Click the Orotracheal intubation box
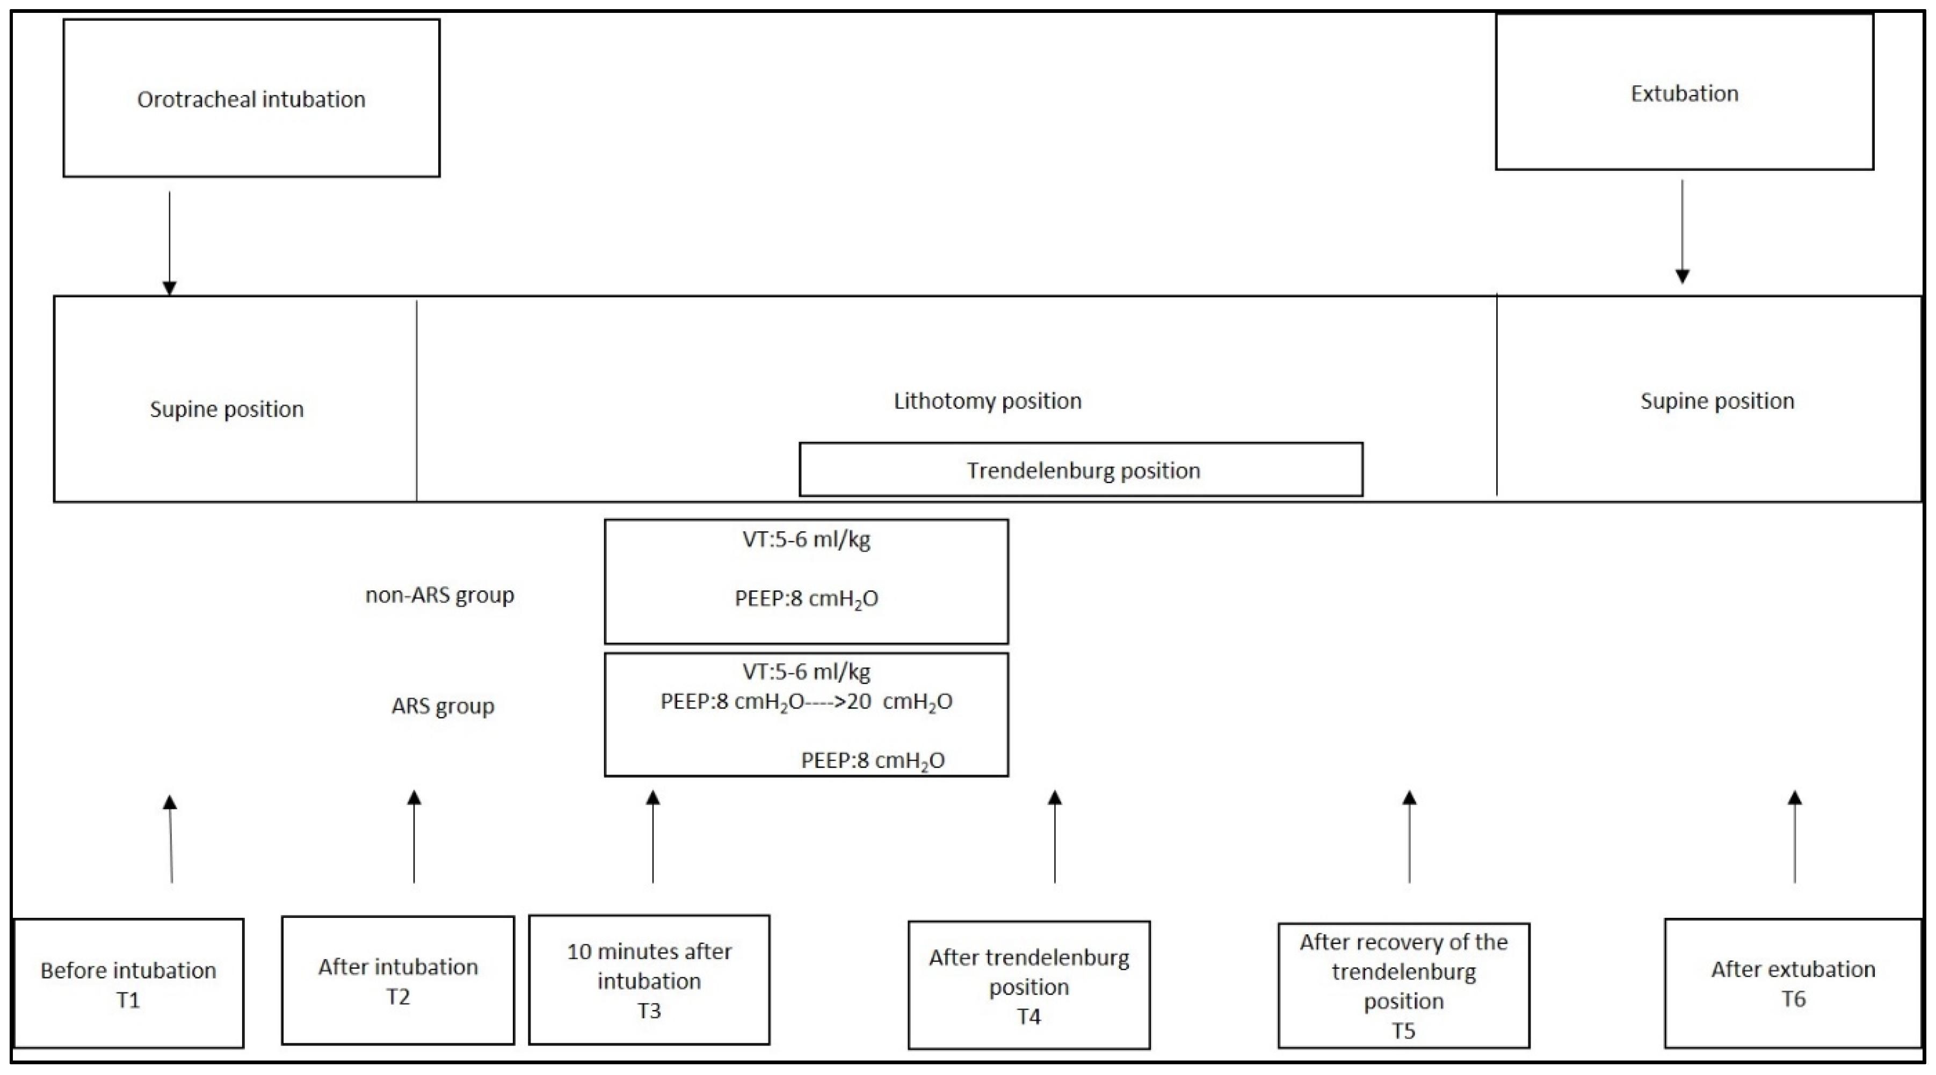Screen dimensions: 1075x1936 click(x=251, y=98)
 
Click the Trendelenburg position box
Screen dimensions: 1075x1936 click(x=1081, y=470)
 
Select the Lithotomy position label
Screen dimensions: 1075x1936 click(x=987, y=400)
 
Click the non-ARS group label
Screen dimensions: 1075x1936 click(x=440, y=595)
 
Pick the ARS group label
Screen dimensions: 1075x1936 click(x=443, y=706)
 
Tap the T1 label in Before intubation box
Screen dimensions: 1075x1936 click(x=128, y=1000)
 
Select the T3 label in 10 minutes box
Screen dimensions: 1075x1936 click(x=649, y=1011)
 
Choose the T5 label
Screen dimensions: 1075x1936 click(x=1403, y=1030)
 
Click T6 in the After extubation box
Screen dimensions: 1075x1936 click(x=1793, y=999)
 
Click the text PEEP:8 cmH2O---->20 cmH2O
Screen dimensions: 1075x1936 click(x=806, y=701)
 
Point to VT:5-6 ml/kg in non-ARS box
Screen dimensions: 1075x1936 click(x=806, y=539)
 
